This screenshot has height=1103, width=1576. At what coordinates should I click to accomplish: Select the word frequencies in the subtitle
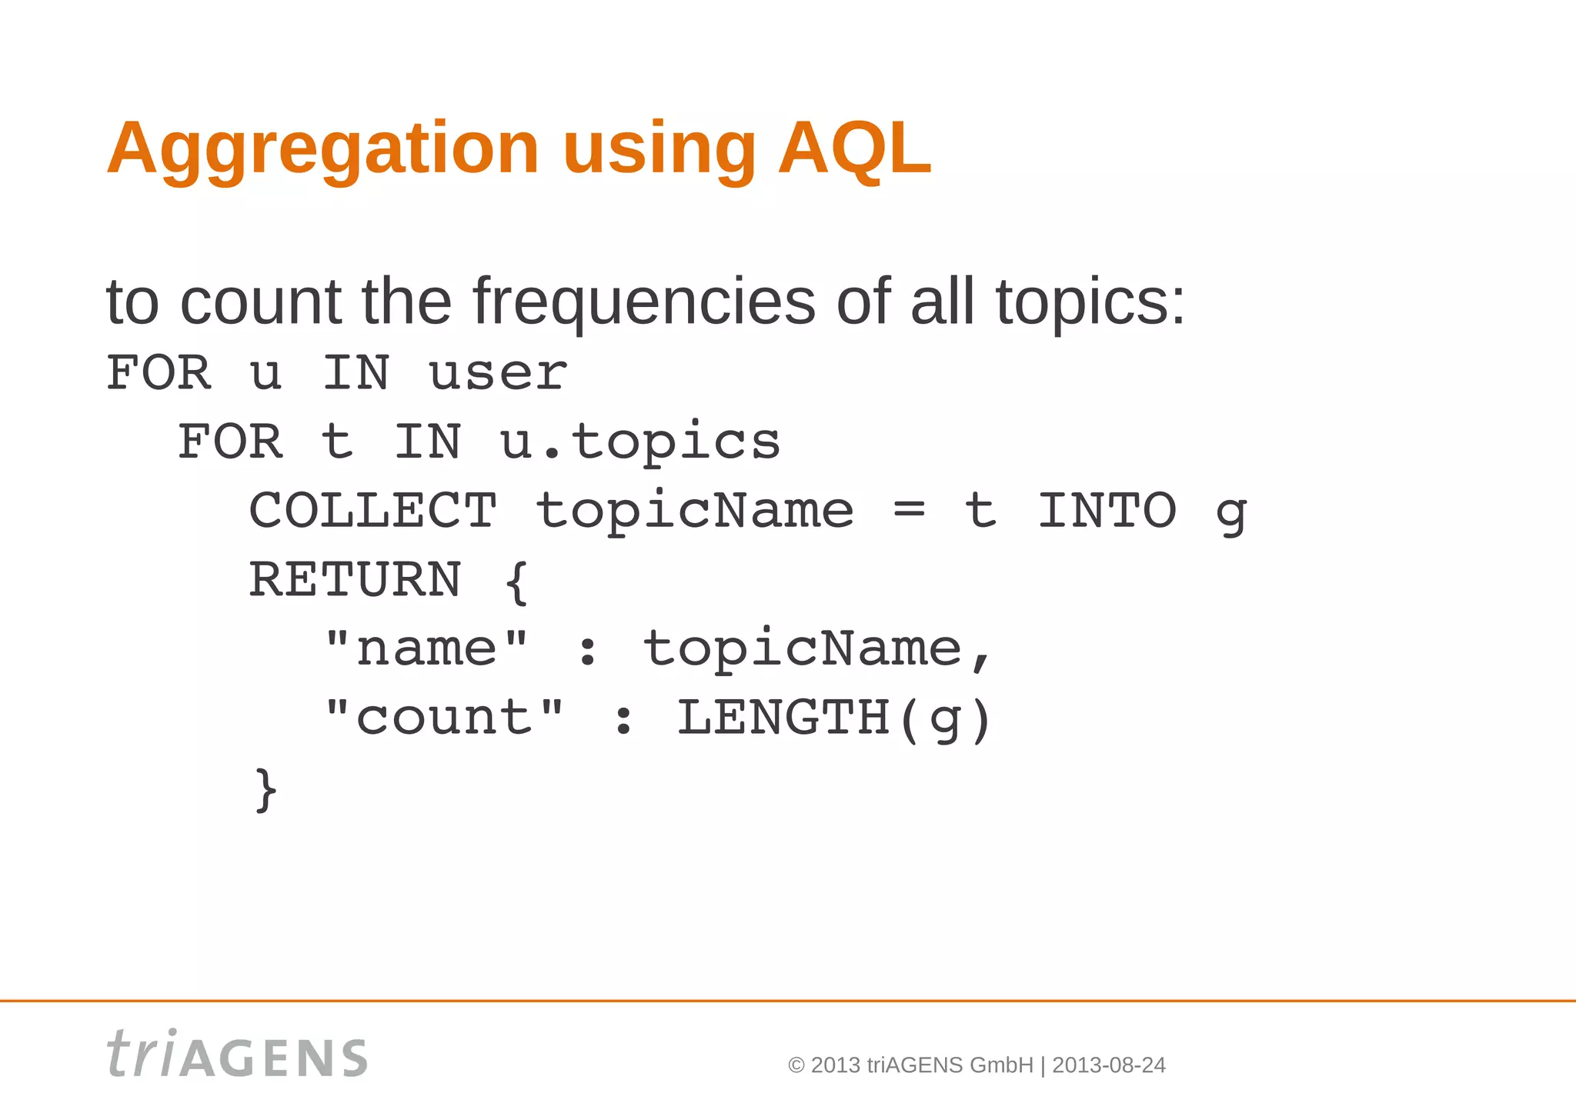point(643,302)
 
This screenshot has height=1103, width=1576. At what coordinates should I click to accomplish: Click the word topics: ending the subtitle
point(1090,302)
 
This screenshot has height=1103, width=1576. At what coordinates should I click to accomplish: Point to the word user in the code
point(498,374)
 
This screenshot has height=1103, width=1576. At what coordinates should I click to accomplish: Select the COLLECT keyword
point(373,511)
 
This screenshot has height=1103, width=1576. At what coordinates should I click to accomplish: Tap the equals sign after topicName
point(910,511)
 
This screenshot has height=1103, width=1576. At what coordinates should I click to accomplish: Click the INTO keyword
point(1107,511)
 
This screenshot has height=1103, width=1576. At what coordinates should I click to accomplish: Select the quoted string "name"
point(426,648)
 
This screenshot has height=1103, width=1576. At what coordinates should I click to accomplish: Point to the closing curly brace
point(265,789)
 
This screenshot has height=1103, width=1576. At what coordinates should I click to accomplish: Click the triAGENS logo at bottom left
point(237,1055)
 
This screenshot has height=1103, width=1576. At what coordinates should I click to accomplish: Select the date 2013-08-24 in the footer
point(1109,1065)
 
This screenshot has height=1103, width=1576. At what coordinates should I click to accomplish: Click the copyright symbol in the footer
point(796,1065)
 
